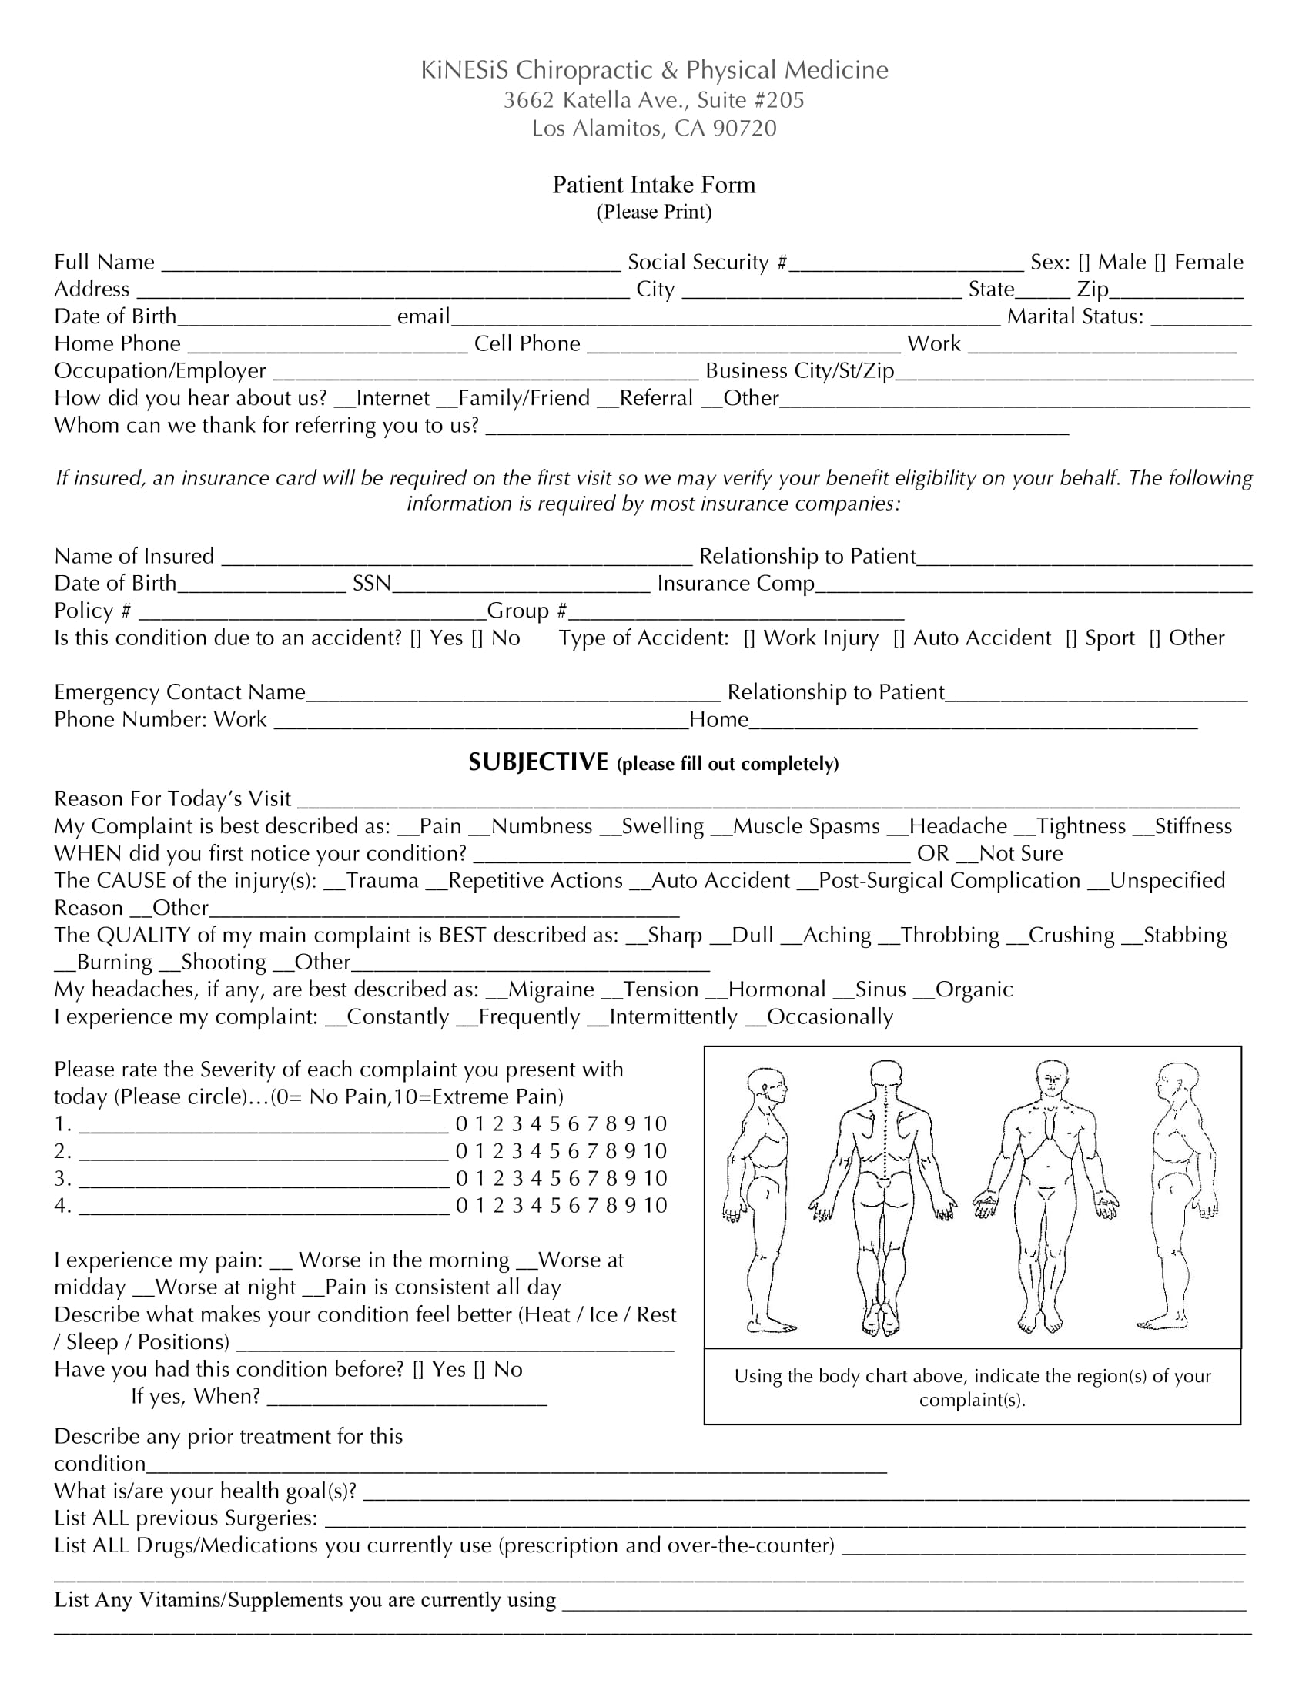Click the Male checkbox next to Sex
[1084, 263]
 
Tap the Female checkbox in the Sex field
[1160, 263]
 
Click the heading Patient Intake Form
[654, 185]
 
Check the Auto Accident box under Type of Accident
[899, 638]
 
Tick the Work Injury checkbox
[749, 638]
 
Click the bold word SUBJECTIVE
[538, 762]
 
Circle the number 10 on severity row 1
[654, 1124]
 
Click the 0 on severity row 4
[461, 1205]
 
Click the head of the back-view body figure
[885, 1074]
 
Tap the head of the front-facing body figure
[1051, 1078]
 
